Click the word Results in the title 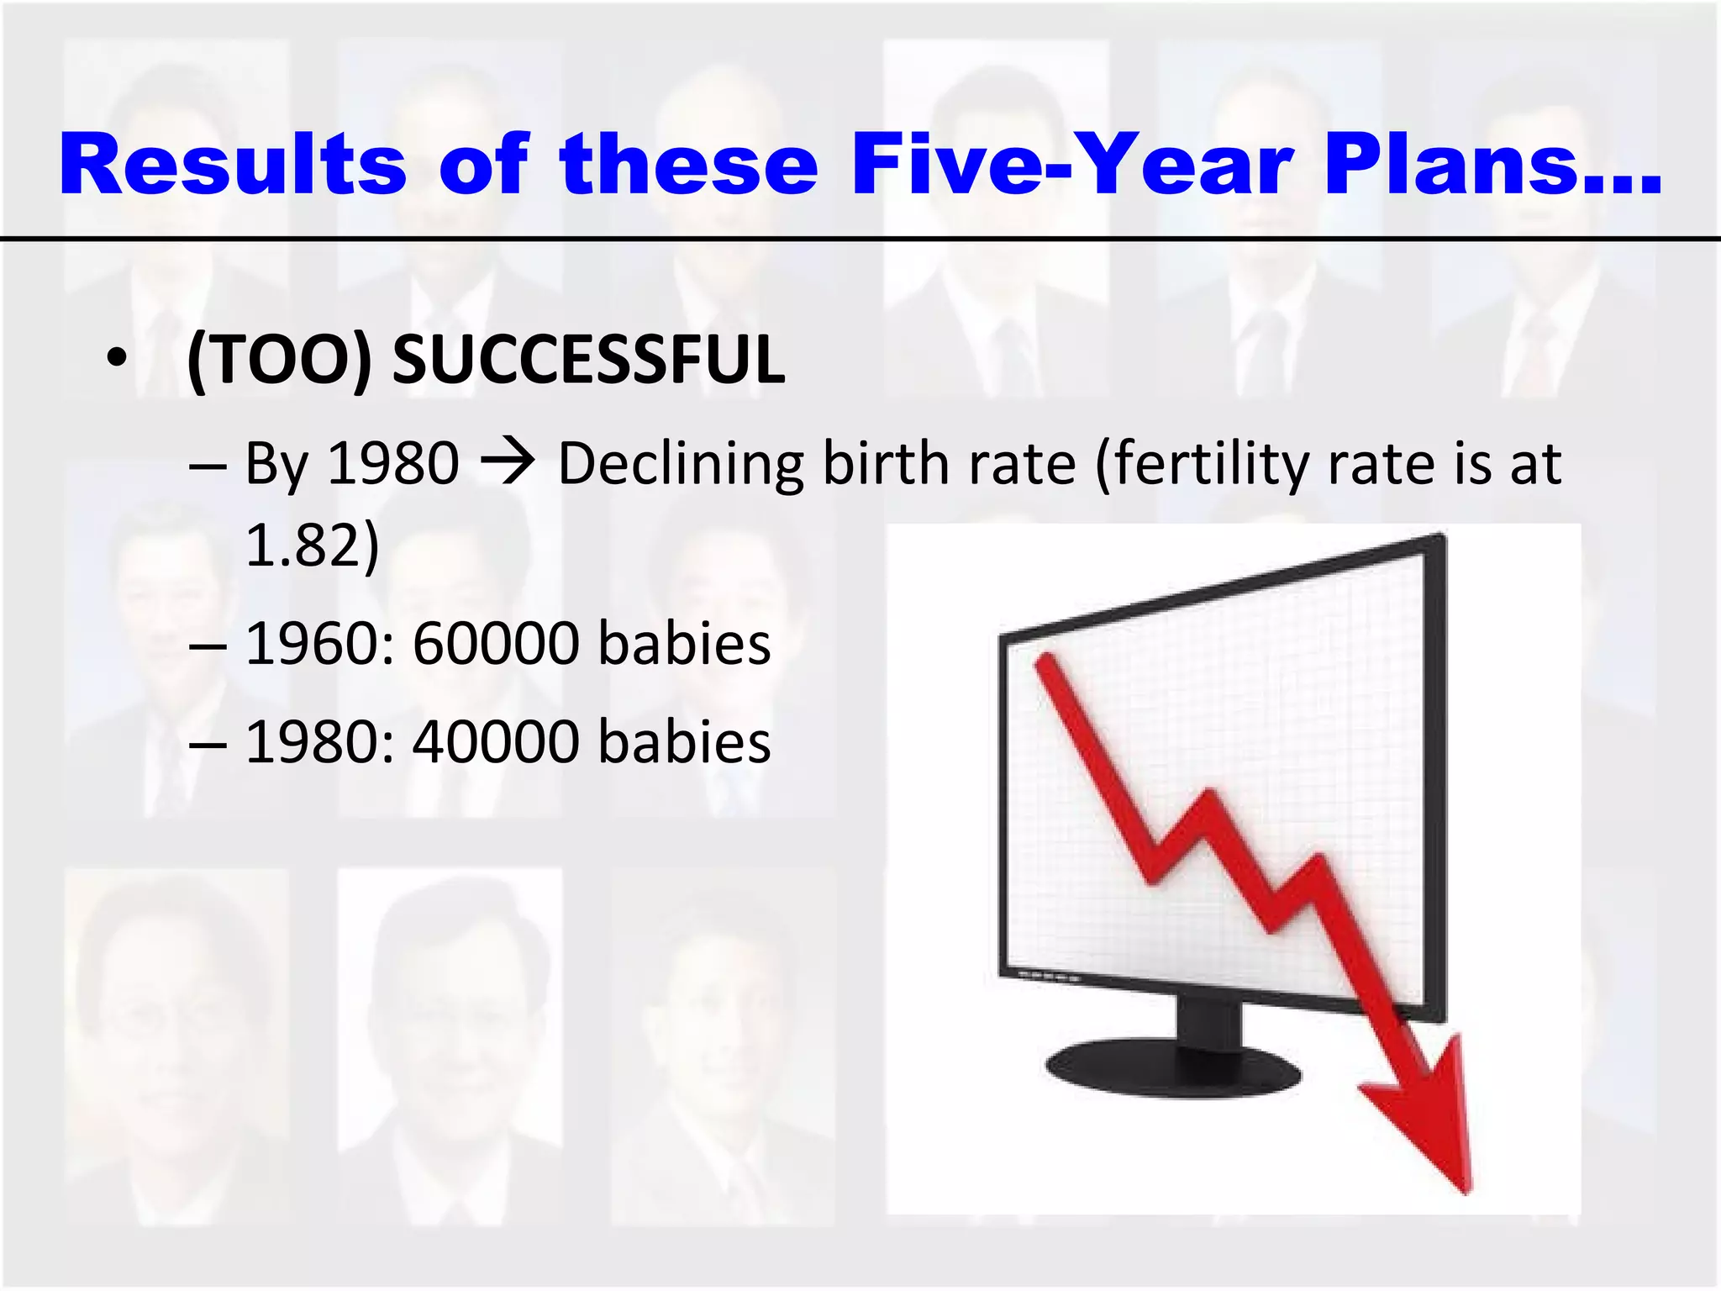pos(232,165)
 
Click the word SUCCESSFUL pos(588,360)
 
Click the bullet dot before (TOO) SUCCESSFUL pos(117,360)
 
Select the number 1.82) pos(312,545)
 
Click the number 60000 pos(496,644)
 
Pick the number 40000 pos(496,742)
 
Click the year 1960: pos(320,644)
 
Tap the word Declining pos(681,464)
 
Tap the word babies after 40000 pos(684,742)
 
